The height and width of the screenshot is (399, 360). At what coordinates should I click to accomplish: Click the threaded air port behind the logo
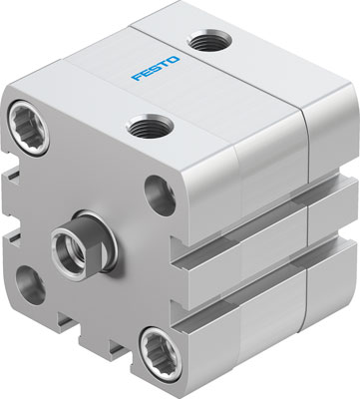210,42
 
